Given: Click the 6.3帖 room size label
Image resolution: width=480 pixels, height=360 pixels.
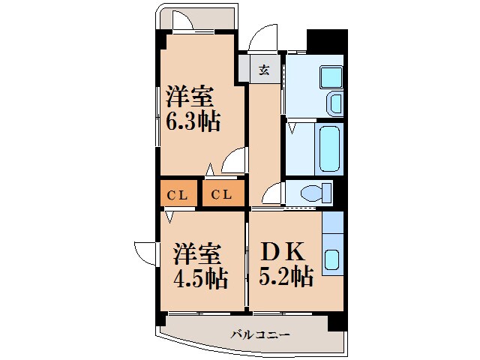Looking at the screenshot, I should click(x=193, y=121).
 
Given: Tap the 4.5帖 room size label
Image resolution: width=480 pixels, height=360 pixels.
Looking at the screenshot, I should click(x=201, y=278).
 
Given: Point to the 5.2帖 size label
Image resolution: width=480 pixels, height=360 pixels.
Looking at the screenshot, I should click(x=286, y=278).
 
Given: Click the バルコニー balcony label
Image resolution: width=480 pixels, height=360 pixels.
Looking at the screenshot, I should click(x=259, y=334).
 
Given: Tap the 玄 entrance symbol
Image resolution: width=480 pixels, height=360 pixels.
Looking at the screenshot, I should click(x=264, y=71).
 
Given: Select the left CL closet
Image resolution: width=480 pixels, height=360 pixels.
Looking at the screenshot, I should click(x=178, y=195).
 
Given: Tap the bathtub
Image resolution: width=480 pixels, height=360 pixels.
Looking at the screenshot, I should click(x=329, y=149).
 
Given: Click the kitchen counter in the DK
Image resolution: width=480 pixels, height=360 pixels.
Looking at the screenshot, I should click(x=331, y=243).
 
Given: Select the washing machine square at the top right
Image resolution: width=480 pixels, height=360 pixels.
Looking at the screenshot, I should click(x=330, y=76).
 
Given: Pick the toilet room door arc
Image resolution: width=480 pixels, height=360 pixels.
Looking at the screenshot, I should click(x=272, y=193).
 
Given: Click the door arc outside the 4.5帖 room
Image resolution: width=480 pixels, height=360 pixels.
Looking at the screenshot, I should click(x=145, y=253).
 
